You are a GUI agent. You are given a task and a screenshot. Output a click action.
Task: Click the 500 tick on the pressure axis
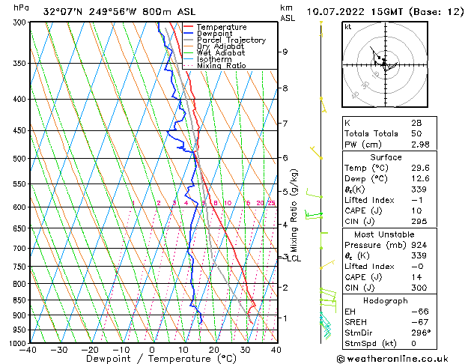(x=19, y=159)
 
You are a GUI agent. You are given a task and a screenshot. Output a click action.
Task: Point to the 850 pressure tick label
(x=19, y=300)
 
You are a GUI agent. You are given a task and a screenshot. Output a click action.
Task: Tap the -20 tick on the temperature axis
(x=90, y=350)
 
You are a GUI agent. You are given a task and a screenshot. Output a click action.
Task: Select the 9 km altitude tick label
(x=285, y=52)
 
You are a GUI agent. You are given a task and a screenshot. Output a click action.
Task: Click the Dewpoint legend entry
(x=213, y=34)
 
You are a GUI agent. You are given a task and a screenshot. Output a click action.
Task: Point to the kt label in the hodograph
(x=348, y=27)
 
